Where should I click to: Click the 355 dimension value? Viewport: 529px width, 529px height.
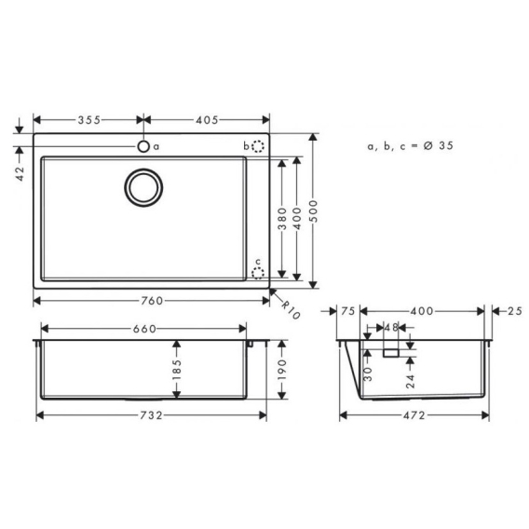point(89,120)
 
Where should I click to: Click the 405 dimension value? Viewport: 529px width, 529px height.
point(207,120)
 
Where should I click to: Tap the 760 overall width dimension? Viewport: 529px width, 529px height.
point(152,301)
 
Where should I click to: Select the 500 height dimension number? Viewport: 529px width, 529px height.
point(314,210)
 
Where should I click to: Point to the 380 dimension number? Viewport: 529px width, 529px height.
point(282,219)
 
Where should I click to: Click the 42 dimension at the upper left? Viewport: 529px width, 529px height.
point(20,173)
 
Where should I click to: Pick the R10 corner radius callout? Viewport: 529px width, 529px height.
point(291,310)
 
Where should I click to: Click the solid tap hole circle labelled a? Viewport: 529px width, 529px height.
point(143,146)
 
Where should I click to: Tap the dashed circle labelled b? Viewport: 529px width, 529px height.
point(258,146)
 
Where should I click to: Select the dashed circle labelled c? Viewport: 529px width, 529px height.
point(258,273)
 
